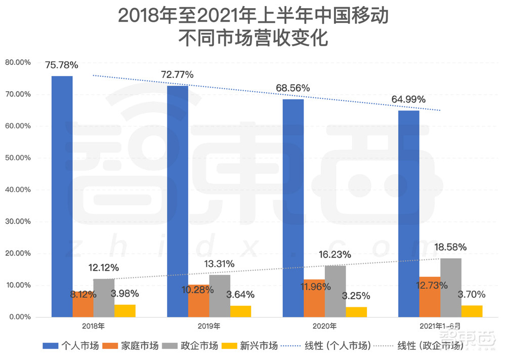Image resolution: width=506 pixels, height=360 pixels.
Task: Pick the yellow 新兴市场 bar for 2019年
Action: [x=240, y=311]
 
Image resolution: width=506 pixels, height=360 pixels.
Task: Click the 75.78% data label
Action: [x=61, y=65]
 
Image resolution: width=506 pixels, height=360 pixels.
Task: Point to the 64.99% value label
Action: [x=408, y=99]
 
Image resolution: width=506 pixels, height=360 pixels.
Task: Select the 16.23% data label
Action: [x=334, y=255]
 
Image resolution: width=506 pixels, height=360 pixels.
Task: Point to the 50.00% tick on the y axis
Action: [x=18, y=158]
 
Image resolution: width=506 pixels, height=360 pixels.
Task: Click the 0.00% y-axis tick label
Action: [x=19, y=317]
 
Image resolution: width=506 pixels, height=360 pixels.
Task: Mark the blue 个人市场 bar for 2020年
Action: [x=293, y=208]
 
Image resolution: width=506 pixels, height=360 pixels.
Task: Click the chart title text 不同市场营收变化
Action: [x=253, y=38]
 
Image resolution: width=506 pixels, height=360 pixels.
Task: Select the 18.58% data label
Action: [x=450, y=247]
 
